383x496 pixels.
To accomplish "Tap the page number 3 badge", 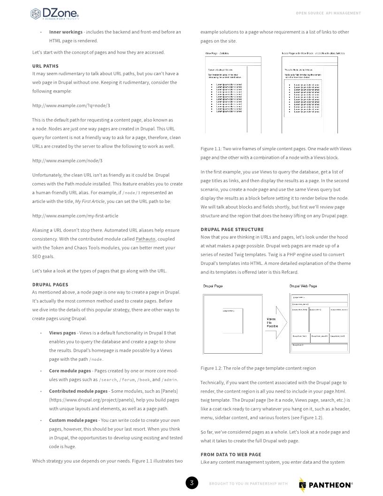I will point(191,483).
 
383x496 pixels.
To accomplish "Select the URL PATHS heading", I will point(46,66).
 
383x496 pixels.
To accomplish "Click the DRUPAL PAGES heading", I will point(50,284).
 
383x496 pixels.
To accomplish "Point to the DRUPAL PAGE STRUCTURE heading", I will point(232,229).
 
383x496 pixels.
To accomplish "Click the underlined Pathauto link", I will point(146,239).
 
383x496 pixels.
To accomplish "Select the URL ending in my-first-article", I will point(75,216).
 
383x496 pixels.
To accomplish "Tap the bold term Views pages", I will point(62,333).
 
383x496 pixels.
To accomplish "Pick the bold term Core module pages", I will point(70,371).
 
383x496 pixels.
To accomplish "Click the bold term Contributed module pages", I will point(78,391).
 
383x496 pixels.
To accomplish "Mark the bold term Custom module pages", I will point(73,420).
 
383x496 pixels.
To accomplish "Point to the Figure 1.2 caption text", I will point(258,368).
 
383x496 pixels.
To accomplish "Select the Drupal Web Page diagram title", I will point(303,286).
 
